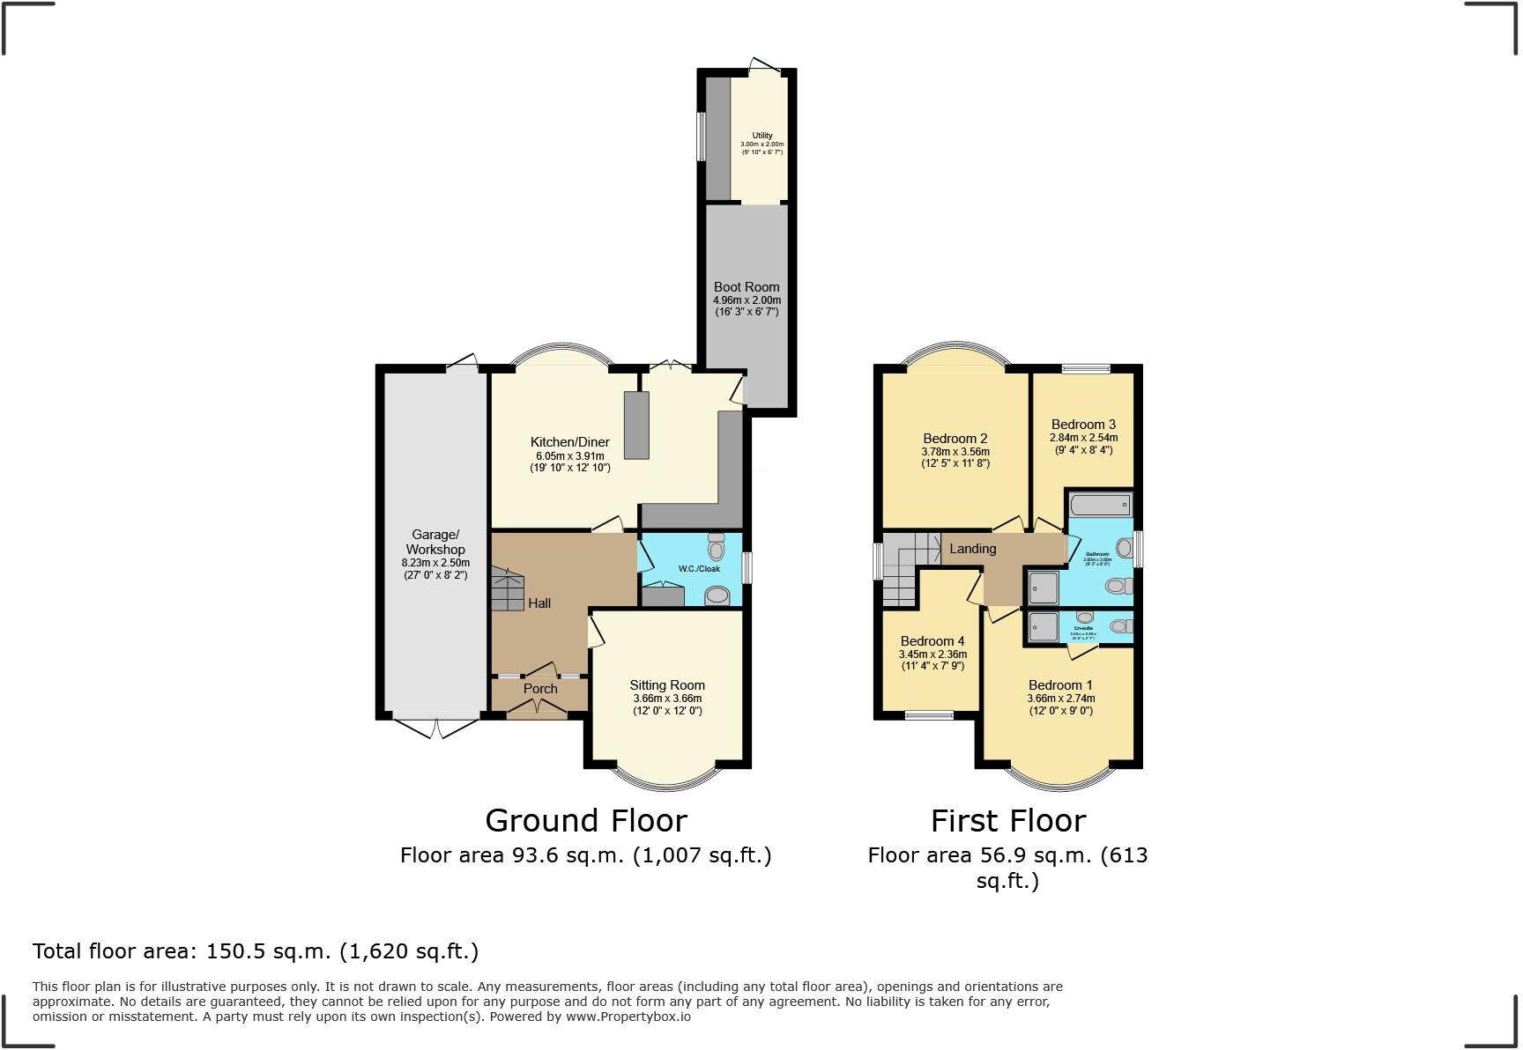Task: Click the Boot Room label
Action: (x=747, y=287)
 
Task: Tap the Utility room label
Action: (x=762, y=136)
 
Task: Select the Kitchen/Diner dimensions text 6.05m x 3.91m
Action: (x=569, y=456)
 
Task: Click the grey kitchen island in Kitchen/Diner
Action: (x=636, y=425)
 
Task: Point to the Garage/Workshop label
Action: (x=435, y=542)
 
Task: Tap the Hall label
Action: (x=539, y=603)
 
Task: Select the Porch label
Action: (x=540, y=689)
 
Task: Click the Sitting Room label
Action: (x=667, y=685)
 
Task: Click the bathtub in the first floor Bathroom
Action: (x=1099, y=506)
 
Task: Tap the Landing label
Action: (x=972, y=549)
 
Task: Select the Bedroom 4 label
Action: (x=932, y=641)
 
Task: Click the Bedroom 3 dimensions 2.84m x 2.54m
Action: (x=1083, y=438)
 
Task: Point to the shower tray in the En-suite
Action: (x=1044, y=626)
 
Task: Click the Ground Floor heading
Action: (x=586, y=821)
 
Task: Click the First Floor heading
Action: (x=1008, y=821)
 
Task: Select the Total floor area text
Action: (x=256, y=951)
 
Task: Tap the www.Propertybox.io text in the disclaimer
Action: (x=628, y=1017)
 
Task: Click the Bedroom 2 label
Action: (x=955, y=439)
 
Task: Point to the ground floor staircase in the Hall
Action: (x=508, y=590)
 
